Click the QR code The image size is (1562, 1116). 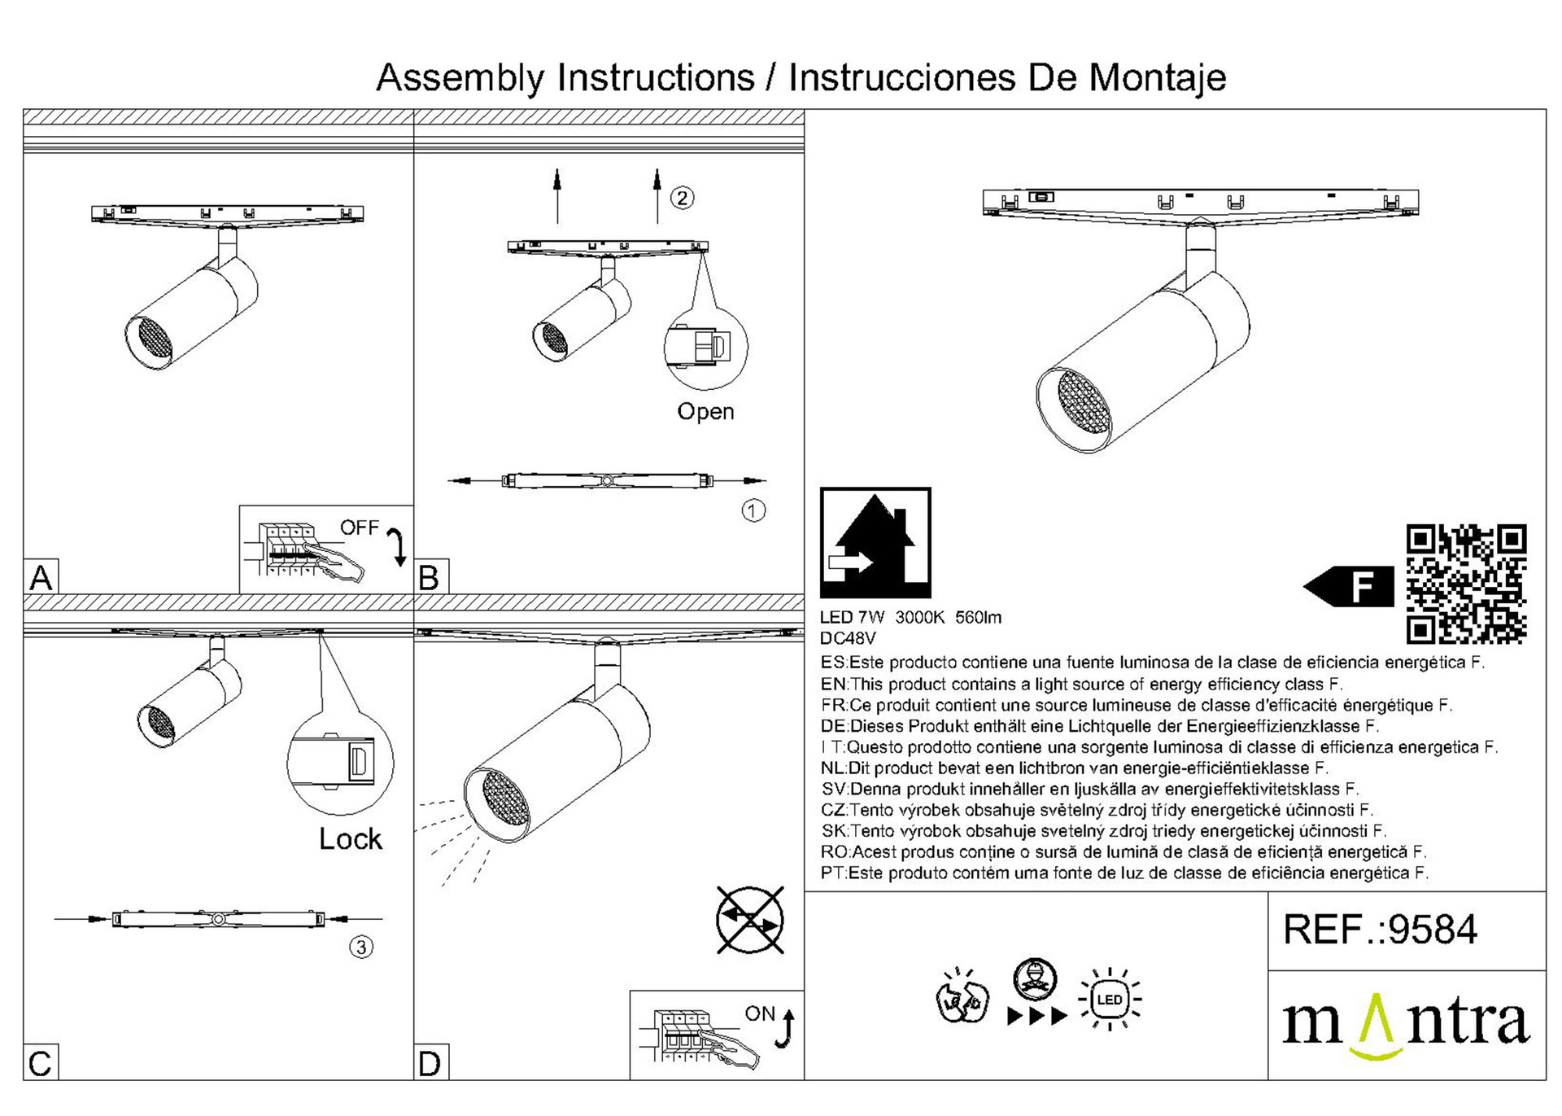pos(1466,584)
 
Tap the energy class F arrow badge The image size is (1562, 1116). pos(1348,586)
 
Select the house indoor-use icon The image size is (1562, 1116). pos(875,543)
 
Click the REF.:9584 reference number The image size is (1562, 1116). pos(1380,930)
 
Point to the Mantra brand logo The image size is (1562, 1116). pos(1406,1026)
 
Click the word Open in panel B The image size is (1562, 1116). pos(705,412)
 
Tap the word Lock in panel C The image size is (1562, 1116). pos(350,838)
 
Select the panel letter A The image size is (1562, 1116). pos(41,577)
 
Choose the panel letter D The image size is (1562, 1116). pos(430,1063)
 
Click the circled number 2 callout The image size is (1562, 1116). pos(682,198)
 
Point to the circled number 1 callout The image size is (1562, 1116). pos(753,510)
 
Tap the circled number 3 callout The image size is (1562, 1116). pos(361,947)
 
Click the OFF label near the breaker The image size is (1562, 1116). pos(360,527)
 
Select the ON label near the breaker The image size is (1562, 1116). pos(760,1013)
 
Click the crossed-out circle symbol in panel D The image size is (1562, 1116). pos(750,920)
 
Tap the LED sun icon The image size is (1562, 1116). pos(1110,1000)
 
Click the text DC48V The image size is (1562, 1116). pos(848,639)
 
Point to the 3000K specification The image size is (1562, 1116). pos(919,618)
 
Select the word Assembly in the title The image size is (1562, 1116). pos(460,79)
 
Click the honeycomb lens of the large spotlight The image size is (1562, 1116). pos(1084,403)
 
